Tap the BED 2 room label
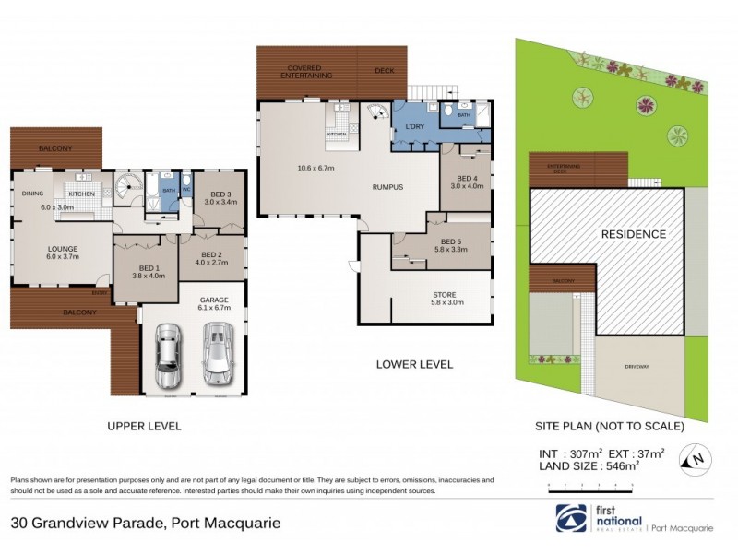pyautogui.click(x=212, y=254)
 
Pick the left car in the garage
pyautogui.click(x=168, y=358)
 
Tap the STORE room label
pyautogui.click(x=445, y=296)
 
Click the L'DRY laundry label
pyautogui.click(x=408, y=127)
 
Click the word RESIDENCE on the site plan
pyautogui.click(x=633, y=234)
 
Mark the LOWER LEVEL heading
pyautogui.click(x=414, y=364)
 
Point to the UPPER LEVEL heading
pyautogui.click(x=144, y=426)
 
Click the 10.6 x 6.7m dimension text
pyautogui.click(x=315, y=168)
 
